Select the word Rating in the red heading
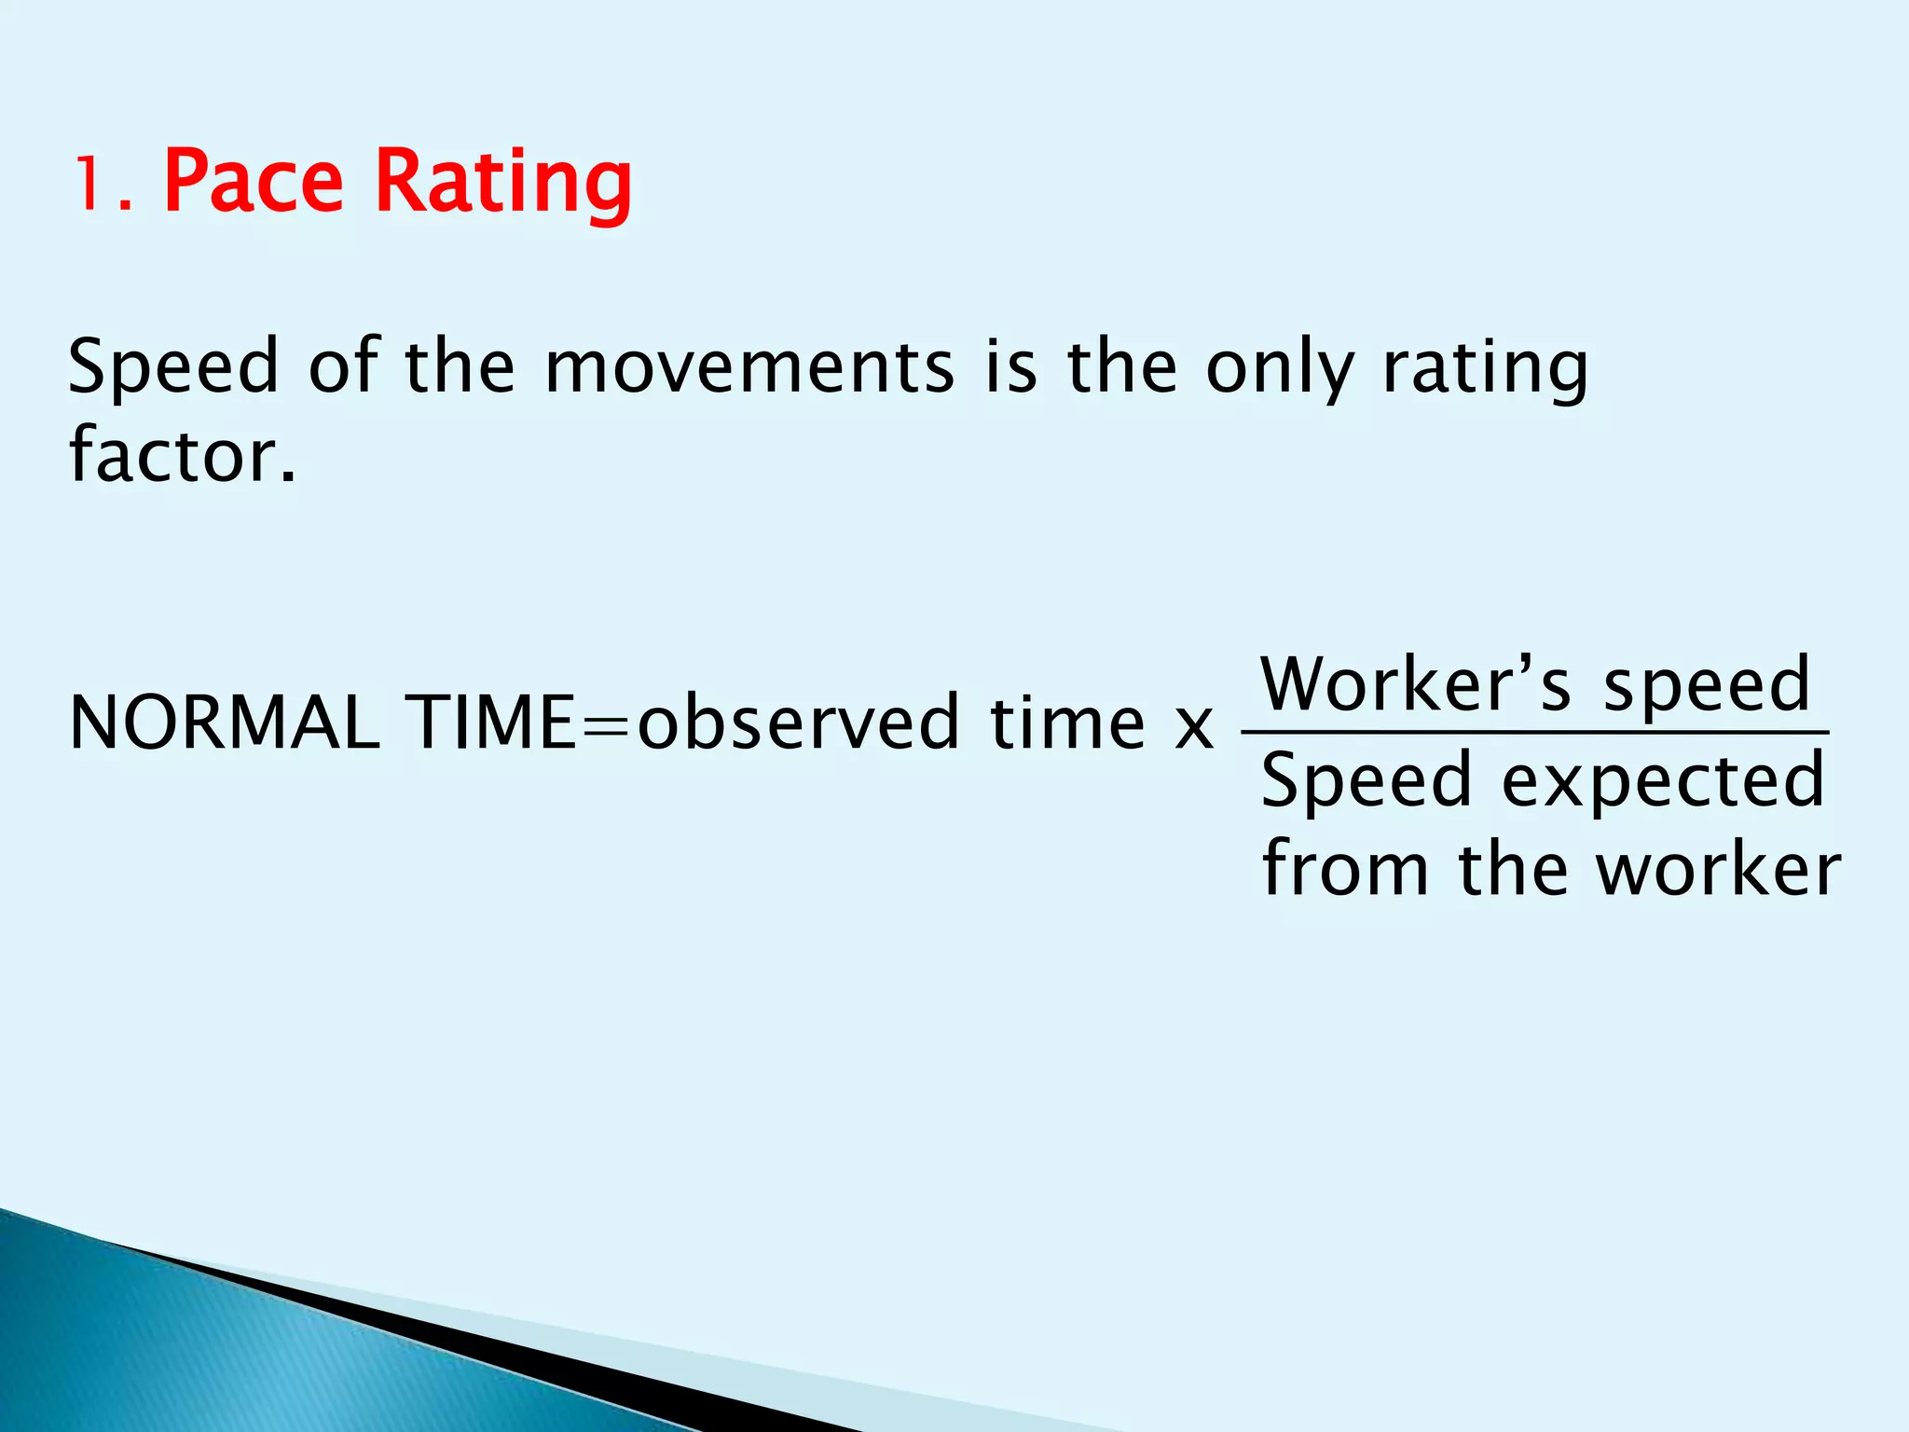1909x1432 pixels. pyautogui.click(x=503, y=184)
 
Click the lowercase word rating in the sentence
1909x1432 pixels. pyautogui.click(x=1485, y=368)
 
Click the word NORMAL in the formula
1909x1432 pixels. pyautogui.click(x=225, y=723)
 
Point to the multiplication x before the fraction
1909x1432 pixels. pyautogui.click(x=1193, y=727)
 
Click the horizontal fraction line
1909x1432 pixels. pyautogui.click(x=1534, y=733)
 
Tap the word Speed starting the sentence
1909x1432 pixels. pyautogui.click(x=173, y=368)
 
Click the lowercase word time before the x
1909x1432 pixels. pyautogui.click(x=1067, y=723)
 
